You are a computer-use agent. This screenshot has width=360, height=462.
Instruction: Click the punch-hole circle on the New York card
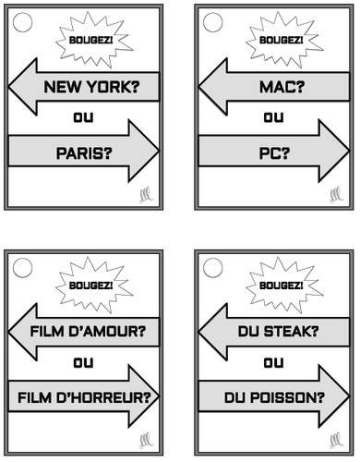25,22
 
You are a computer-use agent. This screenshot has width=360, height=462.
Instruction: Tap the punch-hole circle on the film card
25,269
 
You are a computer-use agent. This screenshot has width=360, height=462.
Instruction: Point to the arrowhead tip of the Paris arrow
158,147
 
